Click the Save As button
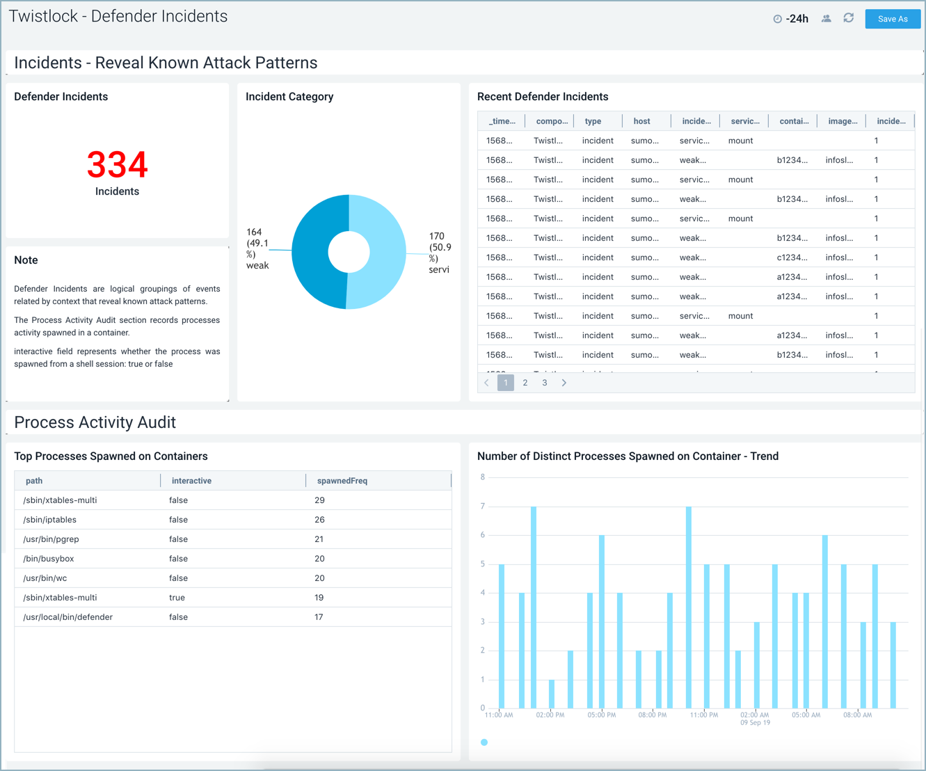click(893, 19)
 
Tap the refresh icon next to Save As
click(848, 18)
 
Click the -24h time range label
click(797, 19)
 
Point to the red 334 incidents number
click(117, 165)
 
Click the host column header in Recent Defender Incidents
click(641, 121)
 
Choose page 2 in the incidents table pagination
click(525, 383)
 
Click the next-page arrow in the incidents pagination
click(564, 383)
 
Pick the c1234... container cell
click(792, 257)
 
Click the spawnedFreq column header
click(342, 481)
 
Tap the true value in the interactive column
click(177, 598)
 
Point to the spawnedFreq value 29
click(319, 500)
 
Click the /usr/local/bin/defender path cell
click(67, 617)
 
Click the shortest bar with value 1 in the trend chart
click(552, 694)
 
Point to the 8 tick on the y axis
click(482, 477)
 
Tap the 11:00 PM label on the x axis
click(703, 715)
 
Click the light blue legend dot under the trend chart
click(484, 742)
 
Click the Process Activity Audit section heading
click(95, 422)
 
